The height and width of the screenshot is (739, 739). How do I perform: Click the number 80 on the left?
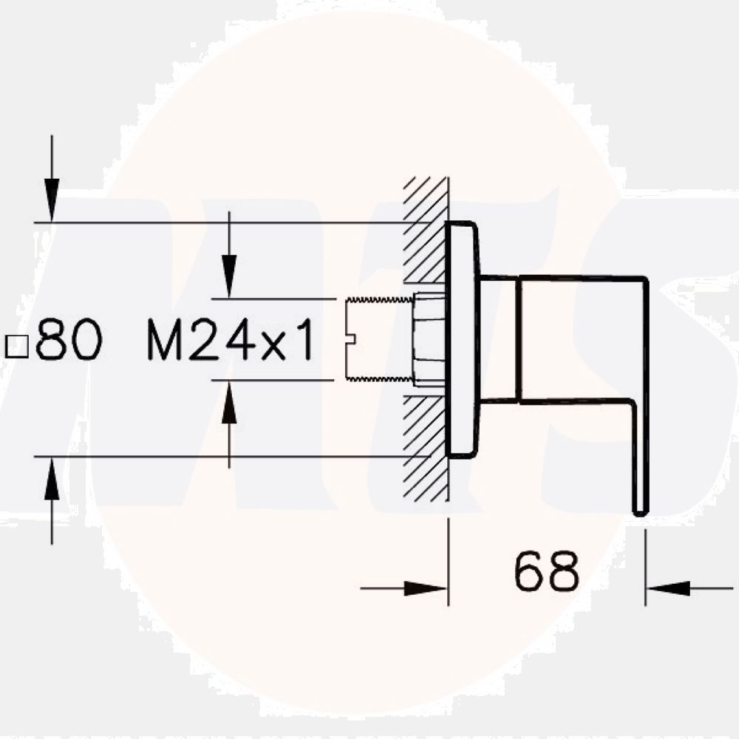[x=68, y=341]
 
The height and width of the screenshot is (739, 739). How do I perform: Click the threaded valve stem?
[x=378, y=340]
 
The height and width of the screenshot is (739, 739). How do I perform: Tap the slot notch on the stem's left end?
[x=350, y=340]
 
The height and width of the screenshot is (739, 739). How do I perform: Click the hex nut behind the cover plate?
[x=429, y=340]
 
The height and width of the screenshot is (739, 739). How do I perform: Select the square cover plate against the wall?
[x=462, y=340]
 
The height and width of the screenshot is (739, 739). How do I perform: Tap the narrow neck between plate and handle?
[x=499, y=340]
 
